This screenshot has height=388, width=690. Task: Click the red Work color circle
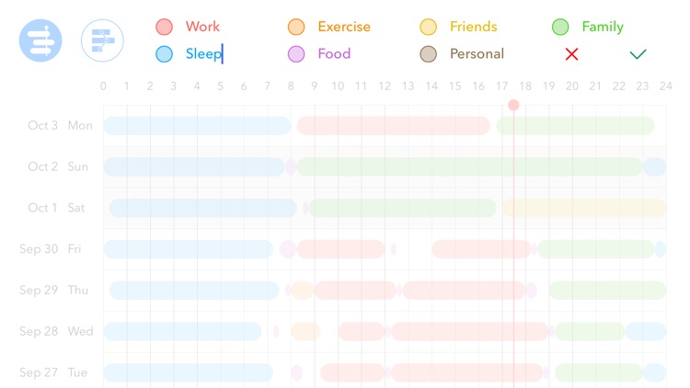pos(164,27)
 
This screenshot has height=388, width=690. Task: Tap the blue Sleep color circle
pos(164,54)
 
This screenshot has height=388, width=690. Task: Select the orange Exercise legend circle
pos(296,27)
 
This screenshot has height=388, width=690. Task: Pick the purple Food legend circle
pos(296,54)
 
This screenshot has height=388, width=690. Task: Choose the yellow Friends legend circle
pos(428,27)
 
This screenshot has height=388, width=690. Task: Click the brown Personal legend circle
pos(428,54)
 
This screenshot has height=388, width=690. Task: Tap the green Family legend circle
pos(560,27)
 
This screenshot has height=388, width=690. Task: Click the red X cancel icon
pos(571,54)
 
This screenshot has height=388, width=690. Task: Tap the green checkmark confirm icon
pos(638,54)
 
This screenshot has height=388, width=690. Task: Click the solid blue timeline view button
pos(40,40)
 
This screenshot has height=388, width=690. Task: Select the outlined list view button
pos(102,40)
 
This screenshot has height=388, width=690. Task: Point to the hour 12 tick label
pos(385,87)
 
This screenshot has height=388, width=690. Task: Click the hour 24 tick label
pos(665,87)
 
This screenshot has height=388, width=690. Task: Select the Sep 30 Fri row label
pos(51,249)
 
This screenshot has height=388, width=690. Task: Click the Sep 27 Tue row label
pos(52,372)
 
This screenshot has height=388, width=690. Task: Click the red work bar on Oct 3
pos(394,126)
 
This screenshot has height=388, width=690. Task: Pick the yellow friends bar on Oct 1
pos(583,208)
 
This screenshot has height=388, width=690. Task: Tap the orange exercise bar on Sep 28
pos(305,331)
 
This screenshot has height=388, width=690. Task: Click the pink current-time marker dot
pos(513,105)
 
